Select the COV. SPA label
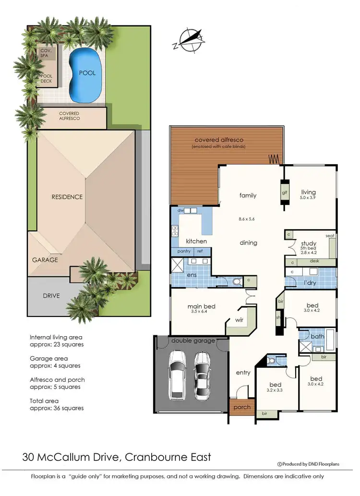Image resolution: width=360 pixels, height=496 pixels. pos(47,53)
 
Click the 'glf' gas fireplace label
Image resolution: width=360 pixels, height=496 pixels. pos(284,193)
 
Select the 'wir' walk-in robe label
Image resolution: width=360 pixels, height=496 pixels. pos(239,319)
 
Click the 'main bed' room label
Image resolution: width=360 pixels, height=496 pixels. pos(201,306)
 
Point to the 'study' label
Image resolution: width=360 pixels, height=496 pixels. pos(308,243)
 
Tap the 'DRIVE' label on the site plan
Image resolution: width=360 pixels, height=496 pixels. pos(51,295)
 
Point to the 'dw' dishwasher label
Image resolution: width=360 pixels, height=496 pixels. pos(180,210)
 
